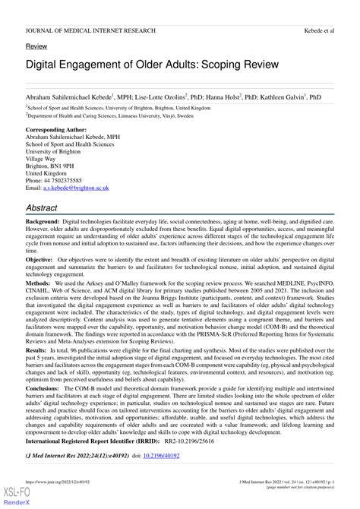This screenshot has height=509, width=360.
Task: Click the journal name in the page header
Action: pos(90,30)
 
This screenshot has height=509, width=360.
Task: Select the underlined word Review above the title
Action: pos(36,46)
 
